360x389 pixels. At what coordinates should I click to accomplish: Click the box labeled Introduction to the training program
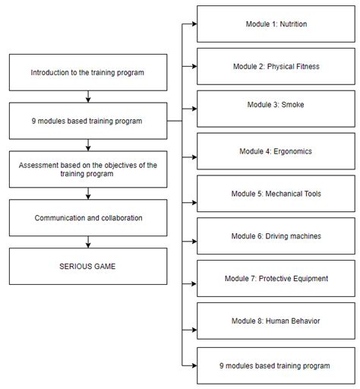[x=88, y=73]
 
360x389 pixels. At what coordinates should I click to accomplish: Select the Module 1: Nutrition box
[x=276, y=24]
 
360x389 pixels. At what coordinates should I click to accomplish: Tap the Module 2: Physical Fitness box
[x=276, y=66]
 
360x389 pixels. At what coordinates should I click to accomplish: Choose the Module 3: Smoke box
[x=276, y=109]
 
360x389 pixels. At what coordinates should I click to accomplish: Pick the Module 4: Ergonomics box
[x=276, y=151]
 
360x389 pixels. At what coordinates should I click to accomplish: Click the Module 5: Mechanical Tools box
[x=276, y=194]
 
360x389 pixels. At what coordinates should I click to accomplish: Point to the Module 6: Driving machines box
[x=276, y=236]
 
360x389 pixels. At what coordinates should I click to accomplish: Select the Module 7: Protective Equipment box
[x=276, y=279]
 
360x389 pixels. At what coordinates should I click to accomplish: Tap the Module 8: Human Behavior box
[x=276, y=321]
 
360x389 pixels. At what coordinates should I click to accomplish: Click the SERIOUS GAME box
[x=88, y=267]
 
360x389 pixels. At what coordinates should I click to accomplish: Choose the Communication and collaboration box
[x=88, y=218]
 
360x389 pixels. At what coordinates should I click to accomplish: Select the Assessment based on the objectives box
[x=88, y=169]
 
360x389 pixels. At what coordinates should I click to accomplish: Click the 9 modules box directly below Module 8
[x=276, y=365]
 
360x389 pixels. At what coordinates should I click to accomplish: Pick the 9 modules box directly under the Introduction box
[x=88, y=121]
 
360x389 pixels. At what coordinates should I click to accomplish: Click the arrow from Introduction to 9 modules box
[x=88, y=97]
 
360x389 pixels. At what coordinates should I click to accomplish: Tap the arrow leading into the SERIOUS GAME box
[x=88, y=242]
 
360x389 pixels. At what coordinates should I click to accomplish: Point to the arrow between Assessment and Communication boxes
[x=88, y=194]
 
